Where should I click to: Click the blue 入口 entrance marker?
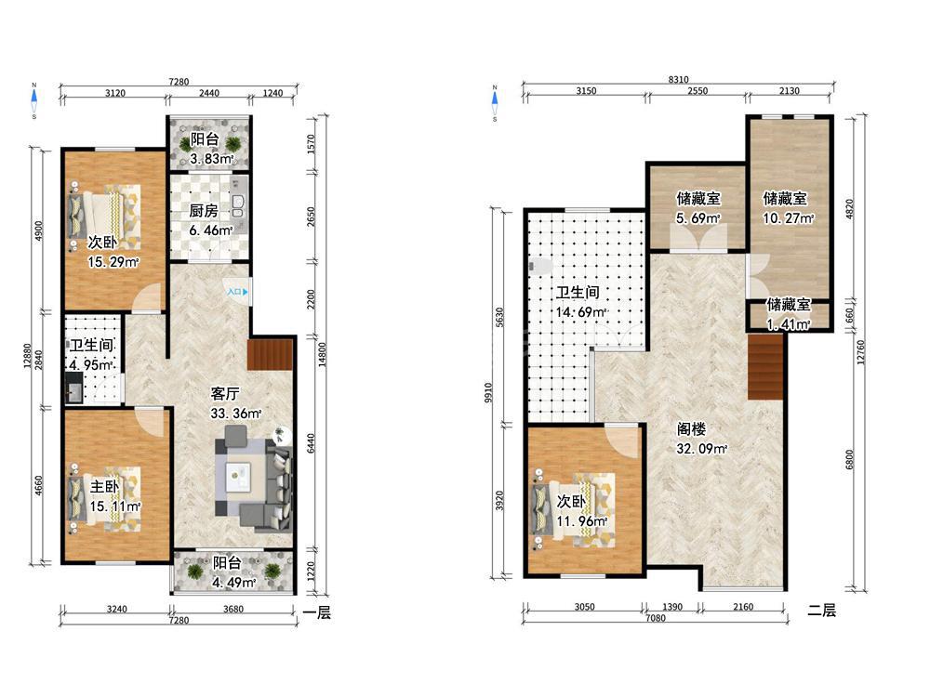[237, 292]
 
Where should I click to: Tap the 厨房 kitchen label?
[204, 210]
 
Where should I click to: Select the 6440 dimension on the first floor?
[311, 444]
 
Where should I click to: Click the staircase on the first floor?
[271, 354]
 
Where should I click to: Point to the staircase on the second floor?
[766, 366]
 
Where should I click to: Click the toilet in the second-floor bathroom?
[538, 266]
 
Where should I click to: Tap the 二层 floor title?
[821, 611]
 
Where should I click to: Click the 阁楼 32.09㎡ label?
[701, 439]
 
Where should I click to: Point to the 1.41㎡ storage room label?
[789, 315]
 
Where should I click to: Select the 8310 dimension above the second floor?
[678, 79]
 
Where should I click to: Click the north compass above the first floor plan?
[34, 100]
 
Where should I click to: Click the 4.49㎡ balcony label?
[234, 572]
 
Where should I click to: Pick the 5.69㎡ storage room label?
[698, 208]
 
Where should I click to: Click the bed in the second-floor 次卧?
[574, 509]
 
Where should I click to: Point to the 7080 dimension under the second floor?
[655, 618]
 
